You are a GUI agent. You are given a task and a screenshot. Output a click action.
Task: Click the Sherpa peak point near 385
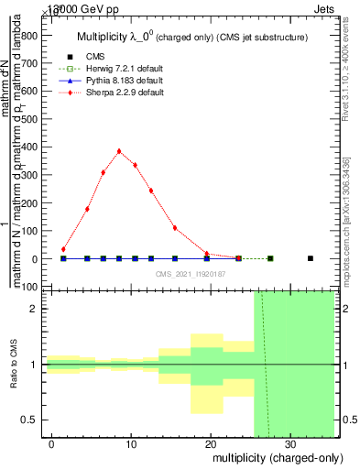coord(119,151)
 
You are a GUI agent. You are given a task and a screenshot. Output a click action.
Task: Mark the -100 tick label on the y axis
coord(27,287)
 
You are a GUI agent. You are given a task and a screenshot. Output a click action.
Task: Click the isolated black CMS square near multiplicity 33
coord(311,258)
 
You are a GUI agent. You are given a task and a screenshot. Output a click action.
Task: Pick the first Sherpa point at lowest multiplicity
coord(63,249)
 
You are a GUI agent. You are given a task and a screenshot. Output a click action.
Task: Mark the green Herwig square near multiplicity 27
coord(269,258)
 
